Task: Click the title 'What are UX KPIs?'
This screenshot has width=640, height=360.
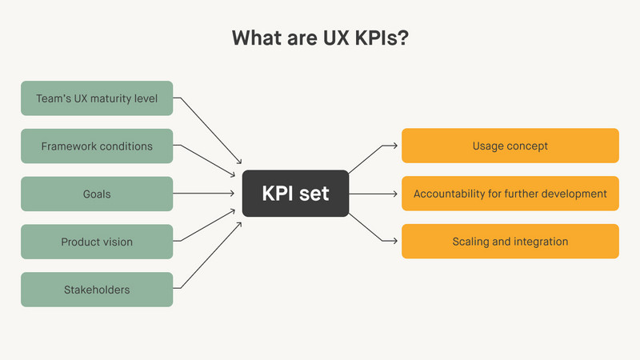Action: [x=320, y=38]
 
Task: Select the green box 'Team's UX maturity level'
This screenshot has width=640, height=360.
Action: [x=96, y=98]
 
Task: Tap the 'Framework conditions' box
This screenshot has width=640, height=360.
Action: [x=96, y=146]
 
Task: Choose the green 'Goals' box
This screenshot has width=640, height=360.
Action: [x=96, y=194]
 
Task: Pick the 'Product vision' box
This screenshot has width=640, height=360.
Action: [x=96, y=242]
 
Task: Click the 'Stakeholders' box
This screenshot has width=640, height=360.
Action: [x=96, y=290]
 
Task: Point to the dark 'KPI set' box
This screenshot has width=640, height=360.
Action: [x=295, y=194]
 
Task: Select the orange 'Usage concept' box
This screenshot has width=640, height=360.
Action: [x=510, y=146]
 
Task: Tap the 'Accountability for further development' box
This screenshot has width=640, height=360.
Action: [x=510, y=194]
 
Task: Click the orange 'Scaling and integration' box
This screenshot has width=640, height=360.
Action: [x=510, y=242]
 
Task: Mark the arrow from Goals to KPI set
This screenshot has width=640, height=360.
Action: [x=206, y=194]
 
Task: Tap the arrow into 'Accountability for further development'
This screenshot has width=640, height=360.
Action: [x=374, y=194]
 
